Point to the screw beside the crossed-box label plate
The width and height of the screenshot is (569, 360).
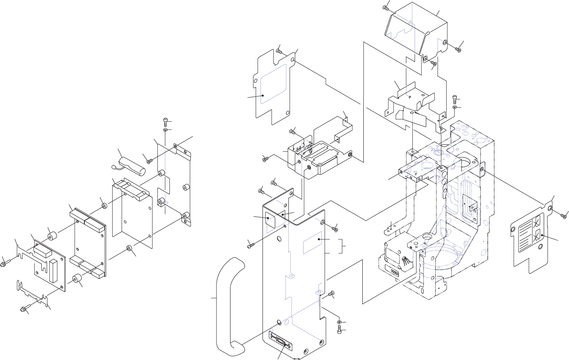point(563,215)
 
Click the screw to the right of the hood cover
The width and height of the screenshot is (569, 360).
point(458,49)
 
